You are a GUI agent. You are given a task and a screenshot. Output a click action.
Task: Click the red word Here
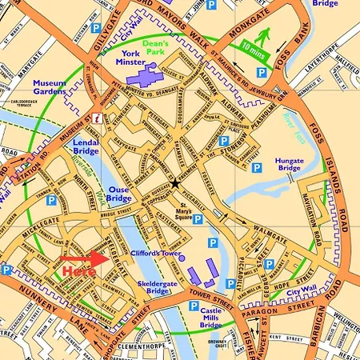coord(78,271)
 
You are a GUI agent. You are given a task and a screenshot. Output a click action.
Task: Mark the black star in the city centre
coord(174,183)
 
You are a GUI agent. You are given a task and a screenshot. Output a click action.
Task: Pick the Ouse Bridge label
coord(118,194)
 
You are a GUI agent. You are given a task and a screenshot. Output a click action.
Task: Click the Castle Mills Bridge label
coord(211,314)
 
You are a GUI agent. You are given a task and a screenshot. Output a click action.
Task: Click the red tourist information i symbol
coord(97,118)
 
